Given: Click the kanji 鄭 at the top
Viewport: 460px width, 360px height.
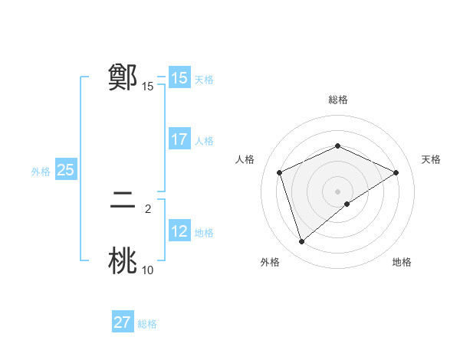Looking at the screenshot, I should click(123, 77).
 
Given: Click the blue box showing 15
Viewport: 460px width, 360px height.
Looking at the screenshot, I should click(179, 78).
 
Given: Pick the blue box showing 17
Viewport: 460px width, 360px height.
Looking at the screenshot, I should click(179, 139).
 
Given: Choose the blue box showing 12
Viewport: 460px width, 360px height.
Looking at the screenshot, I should click(179, 231).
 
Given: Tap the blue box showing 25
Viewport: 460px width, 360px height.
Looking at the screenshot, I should click(65, 170).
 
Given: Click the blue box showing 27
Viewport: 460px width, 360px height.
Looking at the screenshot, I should click(123, 322).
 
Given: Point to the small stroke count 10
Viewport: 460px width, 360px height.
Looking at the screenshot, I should click(147, 270).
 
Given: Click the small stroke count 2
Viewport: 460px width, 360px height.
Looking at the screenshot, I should click(147, 208).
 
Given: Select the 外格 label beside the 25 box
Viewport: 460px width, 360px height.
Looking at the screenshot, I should click(41, 172).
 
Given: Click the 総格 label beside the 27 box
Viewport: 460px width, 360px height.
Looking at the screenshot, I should click(147, 324).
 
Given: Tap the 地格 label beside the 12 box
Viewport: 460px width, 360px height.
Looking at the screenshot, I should click(204, 233).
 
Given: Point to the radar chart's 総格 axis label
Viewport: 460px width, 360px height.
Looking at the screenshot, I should click(337, 100).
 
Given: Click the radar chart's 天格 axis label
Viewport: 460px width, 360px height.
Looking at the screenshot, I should click(431, 159).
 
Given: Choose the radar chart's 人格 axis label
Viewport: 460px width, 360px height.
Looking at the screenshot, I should click(245, 159).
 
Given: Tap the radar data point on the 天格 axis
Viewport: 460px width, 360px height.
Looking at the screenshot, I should click(396, 172).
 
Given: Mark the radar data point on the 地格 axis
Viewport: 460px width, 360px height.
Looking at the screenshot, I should click(347, 204).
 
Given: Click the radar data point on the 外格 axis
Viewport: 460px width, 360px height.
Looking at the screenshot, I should click(301, 242).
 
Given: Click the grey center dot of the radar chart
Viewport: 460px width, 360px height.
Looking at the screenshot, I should click(337, 191).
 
